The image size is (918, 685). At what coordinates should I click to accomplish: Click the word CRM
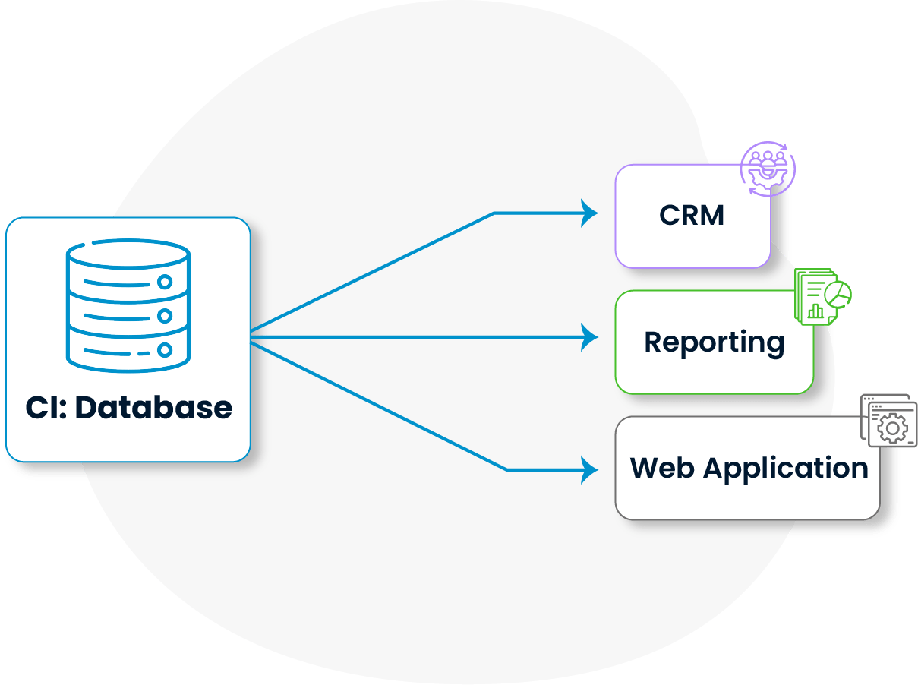coord(692,216)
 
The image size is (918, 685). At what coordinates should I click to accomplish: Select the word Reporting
coord(714,342)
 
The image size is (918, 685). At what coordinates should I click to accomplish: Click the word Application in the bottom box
coord(786,469)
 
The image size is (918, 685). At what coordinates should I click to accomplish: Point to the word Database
coord(154,408)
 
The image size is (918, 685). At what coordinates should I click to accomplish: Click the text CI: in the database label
coord(46,408)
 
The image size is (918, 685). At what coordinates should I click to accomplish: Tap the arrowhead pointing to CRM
coord(589,213)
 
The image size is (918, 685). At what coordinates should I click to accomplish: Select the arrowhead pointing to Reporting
coord(589,336)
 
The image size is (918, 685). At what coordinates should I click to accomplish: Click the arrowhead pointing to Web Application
coord(589,469)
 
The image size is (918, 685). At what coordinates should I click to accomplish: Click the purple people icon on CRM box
coord(767,168)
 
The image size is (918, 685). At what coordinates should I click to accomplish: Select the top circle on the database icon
coord(165,282)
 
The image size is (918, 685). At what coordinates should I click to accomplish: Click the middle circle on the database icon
coord(165,316)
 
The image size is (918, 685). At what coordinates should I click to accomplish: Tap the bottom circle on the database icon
coord(165,350)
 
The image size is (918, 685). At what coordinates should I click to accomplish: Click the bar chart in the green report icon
coord(815,310)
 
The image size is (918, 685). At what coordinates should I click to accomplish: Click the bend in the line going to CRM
coord(494,213)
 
